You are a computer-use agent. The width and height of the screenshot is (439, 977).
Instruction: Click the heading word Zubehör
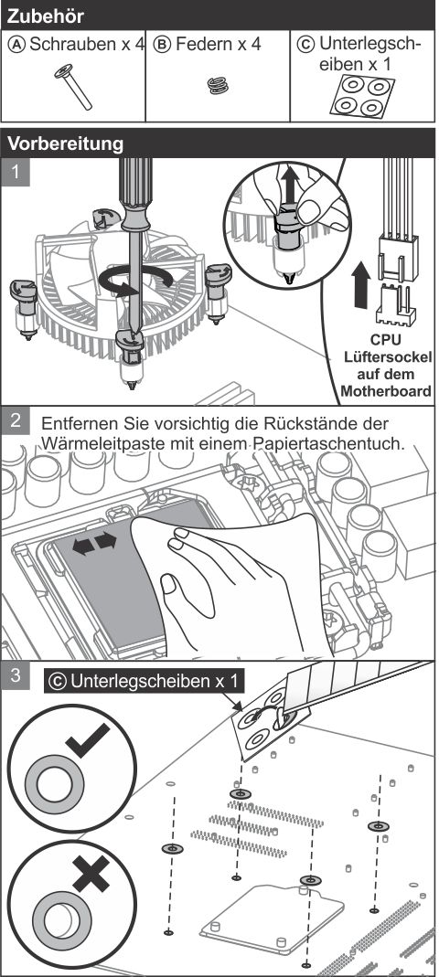tap(46, 15)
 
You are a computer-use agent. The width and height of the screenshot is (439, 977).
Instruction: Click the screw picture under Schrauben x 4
tap(73, 87)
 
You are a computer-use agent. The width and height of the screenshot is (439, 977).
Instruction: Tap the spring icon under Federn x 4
tap(218, 85)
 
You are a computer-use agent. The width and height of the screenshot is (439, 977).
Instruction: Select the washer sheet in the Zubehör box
tap(361, 95)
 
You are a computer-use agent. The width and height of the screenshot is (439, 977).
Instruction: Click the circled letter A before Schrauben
tap(18, 45)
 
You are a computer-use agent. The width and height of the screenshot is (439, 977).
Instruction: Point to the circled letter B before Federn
tap(162, 45)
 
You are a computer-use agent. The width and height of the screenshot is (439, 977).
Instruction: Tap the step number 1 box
tap(15, 172)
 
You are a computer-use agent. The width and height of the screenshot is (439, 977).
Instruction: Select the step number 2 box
tap(15, 420)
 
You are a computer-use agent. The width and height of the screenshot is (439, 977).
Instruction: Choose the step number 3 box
tap(15, 675)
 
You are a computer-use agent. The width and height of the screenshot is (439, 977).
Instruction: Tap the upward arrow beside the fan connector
tap(361, 285)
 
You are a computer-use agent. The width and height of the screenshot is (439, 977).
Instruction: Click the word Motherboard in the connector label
tap(385, 392)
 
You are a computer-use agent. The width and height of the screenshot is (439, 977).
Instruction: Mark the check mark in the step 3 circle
tap(88, 739)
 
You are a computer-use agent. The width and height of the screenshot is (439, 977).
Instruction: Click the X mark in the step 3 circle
tap(91, 872)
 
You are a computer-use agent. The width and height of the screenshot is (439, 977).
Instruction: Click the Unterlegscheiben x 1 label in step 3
tap(145, 681)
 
